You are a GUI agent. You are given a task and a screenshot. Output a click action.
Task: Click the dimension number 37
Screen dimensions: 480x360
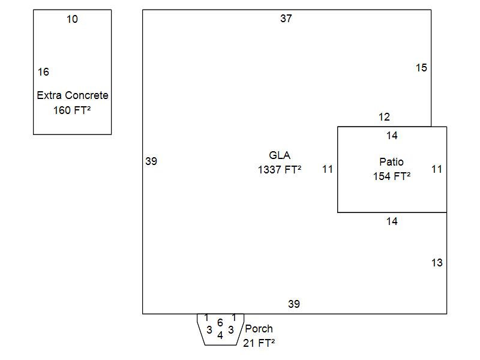(x=286, y=19)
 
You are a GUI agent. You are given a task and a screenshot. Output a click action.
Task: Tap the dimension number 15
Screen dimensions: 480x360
(x=421, y=68)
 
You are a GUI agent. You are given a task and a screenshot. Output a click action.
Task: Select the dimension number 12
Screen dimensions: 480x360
(x=384, y=116)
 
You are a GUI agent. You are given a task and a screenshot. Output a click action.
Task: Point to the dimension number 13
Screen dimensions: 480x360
(x=437, y=263)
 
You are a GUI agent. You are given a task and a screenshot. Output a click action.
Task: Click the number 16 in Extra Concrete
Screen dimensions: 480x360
(x=43, y=72)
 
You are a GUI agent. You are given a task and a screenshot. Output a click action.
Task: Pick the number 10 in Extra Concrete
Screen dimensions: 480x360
(x=72, y=19)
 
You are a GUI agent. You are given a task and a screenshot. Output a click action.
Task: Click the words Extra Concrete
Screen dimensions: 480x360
(x=73, y=95)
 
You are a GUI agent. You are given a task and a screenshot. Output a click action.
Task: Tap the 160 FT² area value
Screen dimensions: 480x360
(x=72, y=110)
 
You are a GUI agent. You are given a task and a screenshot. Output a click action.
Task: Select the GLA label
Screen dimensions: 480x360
(x=280, y=155)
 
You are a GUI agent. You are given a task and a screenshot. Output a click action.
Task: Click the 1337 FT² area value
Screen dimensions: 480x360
(x=280, y=169)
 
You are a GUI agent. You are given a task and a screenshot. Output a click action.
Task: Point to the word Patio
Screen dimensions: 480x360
(x=392, y=161)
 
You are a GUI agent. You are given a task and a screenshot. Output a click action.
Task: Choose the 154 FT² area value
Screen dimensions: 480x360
(x=392, y=176)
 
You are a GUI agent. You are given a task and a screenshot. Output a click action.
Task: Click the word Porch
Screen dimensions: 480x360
(x=259, y=328)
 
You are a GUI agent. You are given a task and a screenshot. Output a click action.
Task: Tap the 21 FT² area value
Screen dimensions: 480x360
(x=259, y=343)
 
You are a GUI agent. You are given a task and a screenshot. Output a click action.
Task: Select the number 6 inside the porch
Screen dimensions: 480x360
(x=220, y=322)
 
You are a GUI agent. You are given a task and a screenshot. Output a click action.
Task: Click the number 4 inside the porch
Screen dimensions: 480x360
(x=220, y=335)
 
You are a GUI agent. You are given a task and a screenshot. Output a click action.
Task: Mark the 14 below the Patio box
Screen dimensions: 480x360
(x=392, y=221)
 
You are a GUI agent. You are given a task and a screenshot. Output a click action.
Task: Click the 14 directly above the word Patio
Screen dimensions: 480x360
(x=392, y=136)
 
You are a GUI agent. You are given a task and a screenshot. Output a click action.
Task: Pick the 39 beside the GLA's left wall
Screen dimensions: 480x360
(x=151, y=161)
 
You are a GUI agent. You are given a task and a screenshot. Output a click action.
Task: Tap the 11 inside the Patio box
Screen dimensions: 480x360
(x=437, y=169)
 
